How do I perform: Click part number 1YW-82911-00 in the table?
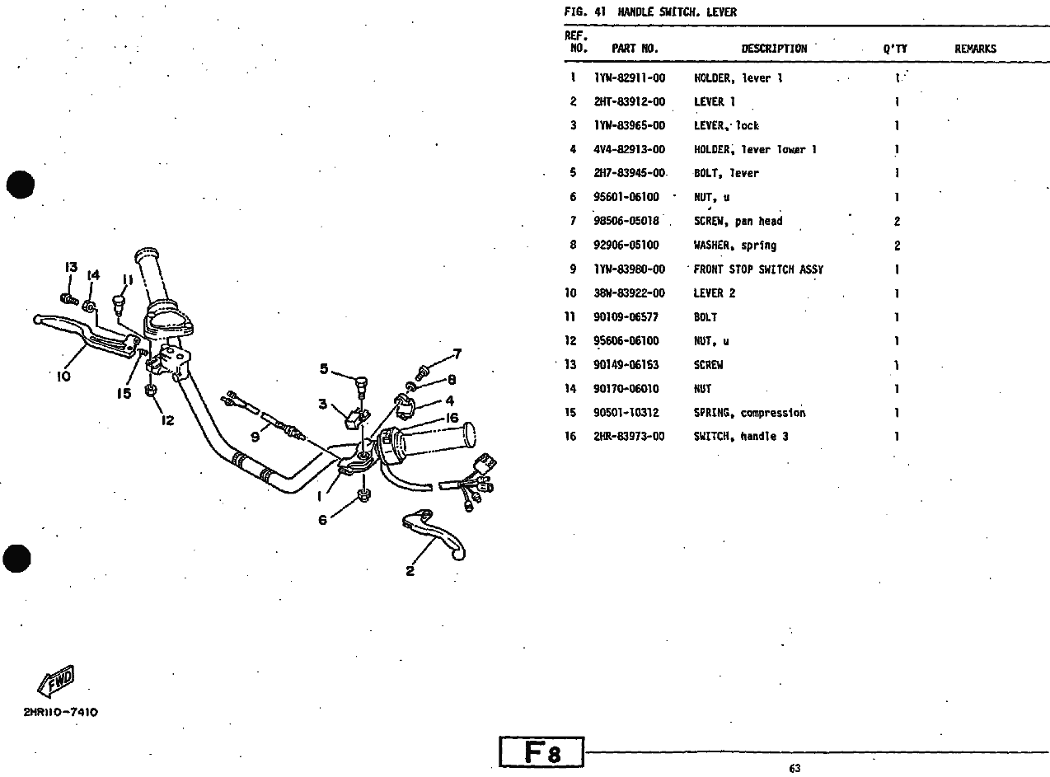click(x=629, y=78)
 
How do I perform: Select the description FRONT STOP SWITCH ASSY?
click(x=757, y=269)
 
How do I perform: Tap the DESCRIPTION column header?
click(x=774, y=49)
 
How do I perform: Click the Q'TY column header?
click(x=895, y=49)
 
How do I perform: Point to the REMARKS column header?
click(x=975, y=49)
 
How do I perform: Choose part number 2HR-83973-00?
click(x=629, y=437)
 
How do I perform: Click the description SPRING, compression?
click(x=749, y=413)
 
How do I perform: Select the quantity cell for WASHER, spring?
click(x=897, y=246)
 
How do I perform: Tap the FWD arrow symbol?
click(x=56, y=681)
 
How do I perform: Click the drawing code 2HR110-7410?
click(x=60, y=712)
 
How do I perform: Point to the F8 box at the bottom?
click(x=541, y=752)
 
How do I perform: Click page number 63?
click(x=794, y=769)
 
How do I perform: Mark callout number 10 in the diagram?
click(x=63, y=377)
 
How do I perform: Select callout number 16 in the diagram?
click(x=452, y=419)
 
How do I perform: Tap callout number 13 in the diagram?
click(x=71, y=268)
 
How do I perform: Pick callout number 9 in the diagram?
click(x=255, y=437)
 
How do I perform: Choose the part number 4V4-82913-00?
click(x=629, y=150)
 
